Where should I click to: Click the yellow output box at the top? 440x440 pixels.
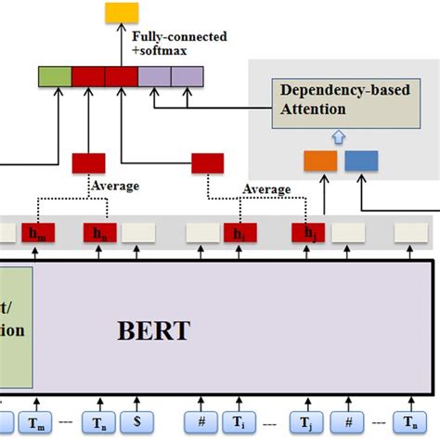122,12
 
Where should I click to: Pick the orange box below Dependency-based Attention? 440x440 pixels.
320,161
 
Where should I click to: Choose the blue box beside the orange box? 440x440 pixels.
361,161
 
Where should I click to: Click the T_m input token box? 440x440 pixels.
37,422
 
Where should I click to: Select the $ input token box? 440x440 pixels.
137,422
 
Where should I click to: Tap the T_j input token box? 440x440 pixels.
305,422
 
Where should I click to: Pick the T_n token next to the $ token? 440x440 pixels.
100,422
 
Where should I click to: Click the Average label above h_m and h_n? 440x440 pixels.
115,187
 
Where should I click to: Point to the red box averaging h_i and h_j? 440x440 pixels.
207,163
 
